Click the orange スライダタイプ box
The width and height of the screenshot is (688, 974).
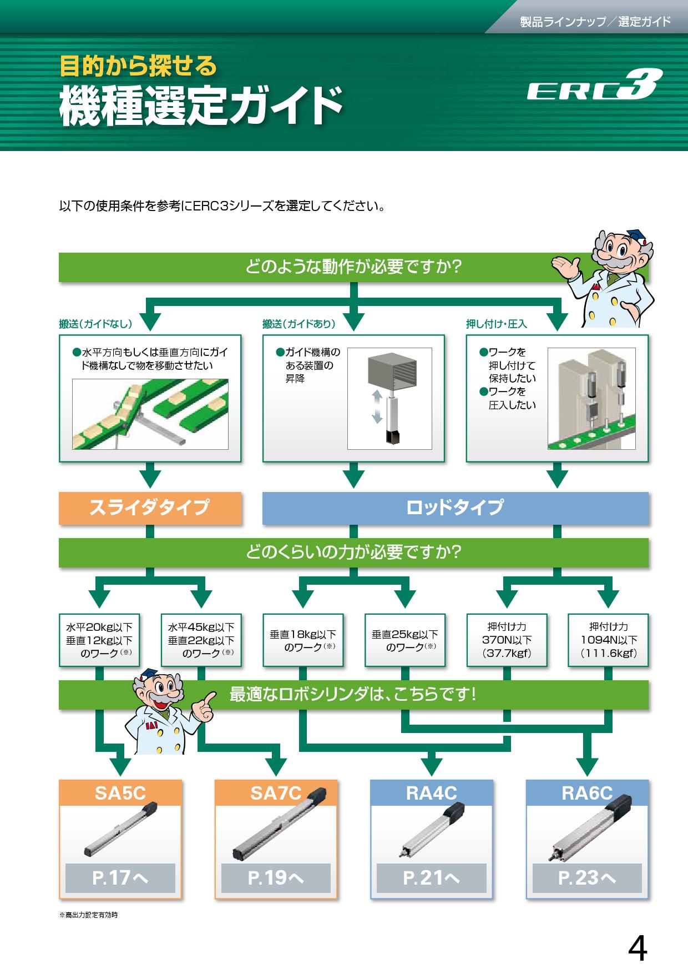pos(150,508)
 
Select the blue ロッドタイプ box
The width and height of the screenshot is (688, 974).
pos(455,508)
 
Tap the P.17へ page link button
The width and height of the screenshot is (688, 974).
pos(120,877)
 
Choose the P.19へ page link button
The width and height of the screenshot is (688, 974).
pos(276,877)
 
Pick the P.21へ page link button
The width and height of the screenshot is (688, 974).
pos(431,877)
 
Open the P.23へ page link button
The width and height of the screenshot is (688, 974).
pos(587,877)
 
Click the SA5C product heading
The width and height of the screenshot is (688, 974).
pos(120,793)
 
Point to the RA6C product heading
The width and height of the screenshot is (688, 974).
pos(587,793)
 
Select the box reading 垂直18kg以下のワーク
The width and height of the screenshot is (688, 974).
pos(303,640)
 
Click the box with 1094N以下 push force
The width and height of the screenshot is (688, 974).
pos(609,640)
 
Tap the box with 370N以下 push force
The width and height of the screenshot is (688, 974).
pos(507,640)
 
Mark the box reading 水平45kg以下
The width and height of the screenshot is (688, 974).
pos(201,640)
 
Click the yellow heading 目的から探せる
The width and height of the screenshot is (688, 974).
pos(138,66)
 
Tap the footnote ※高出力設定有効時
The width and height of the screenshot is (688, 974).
pos(89,915)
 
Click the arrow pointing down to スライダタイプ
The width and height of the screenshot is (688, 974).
pos(150,477)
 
